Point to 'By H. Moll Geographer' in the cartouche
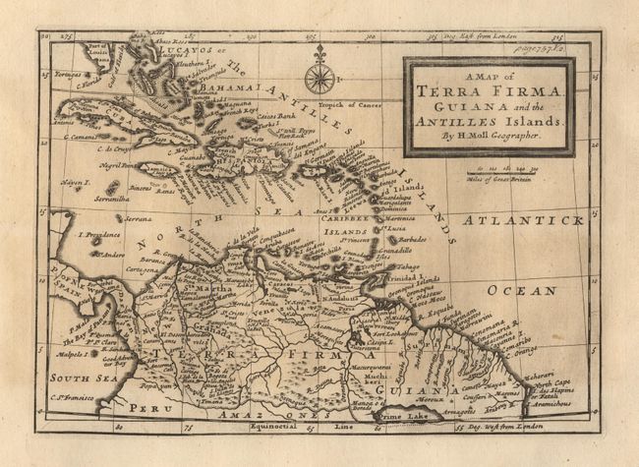pyautogui.click(x=488, y=135)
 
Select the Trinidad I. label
pyautogui.click(x=403, y=278)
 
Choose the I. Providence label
pyautogui.click(x=97, y=235)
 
